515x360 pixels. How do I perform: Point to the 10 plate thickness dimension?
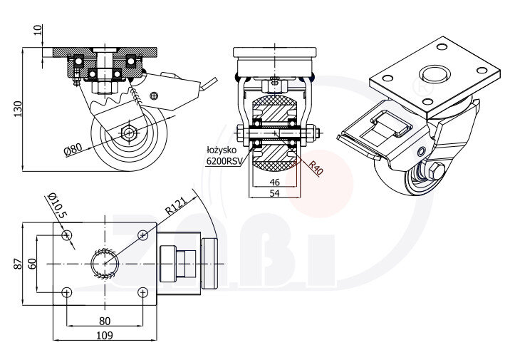coord(37,31)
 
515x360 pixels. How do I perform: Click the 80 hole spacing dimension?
coord(105,320)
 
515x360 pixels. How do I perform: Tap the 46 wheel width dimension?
coord(275,183)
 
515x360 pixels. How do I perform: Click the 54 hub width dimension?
coord(275,194)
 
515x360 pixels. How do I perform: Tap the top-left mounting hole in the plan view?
coord(67,235)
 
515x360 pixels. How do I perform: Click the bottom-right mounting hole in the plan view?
coord(143,292)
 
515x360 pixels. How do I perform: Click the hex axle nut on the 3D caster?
coord(436,171)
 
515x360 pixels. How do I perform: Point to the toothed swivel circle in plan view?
coord(105,263)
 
